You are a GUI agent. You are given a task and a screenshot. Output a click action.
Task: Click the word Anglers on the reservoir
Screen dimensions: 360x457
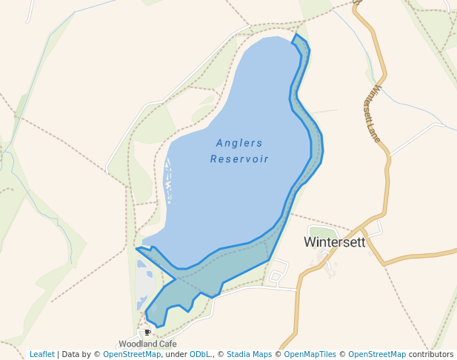click(239, 143)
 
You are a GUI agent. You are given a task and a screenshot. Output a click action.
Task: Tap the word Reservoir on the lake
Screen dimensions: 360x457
click(239, 159)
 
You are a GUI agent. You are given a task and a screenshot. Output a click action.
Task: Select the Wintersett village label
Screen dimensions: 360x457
click(335, 242)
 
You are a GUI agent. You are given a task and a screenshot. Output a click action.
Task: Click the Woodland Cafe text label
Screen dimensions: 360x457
click(147, 344)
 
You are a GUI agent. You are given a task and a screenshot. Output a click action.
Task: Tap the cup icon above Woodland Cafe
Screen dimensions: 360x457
click(147, 333)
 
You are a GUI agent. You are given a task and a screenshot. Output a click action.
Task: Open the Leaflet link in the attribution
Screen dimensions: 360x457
click(41, 355)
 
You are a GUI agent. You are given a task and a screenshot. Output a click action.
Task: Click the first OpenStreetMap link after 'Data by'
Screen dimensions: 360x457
click(132, 355)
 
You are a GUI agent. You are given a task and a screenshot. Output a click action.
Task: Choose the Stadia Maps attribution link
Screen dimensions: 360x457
click(249, 355)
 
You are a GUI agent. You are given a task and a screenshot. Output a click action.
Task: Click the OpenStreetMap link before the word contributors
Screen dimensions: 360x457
click(377, 355)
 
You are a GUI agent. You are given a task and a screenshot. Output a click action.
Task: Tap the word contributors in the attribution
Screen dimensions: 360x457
click(431, 355)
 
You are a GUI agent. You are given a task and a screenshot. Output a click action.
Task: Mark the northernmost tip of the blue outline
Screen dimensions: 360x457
click(296, 34)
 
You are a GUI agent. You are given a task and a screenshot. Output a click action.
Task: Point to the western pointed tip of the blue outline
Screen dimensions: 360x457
click(137, 248)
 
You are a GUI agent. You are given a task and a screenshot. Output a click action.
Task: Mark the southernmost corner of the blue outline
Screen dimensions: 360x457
click(156, 327)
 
